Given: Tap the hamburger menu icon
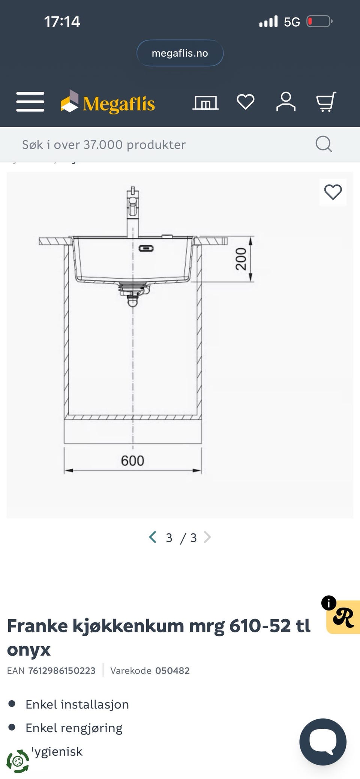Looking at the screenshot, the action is click(30, 102).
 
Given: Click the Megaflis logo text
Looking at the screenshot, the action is click(119, 104).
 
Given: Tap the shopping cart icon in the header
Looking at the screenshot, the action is click(326, 102).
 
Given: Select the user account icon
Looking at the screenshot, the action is click(286, 102).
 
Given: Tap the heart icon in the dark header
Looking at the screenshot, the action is click(246, 102).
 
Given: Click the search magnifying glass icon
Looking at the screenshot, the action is click(324, 144).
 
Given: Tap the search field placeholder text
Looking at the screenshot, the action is click(104, 144).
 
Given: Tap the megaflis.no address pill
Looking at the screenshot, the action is click(180, 53).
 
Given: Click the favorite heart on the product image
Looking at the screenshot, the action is click(333, 192).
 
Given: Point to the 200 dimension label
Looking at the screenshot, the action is click(241, 259).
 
